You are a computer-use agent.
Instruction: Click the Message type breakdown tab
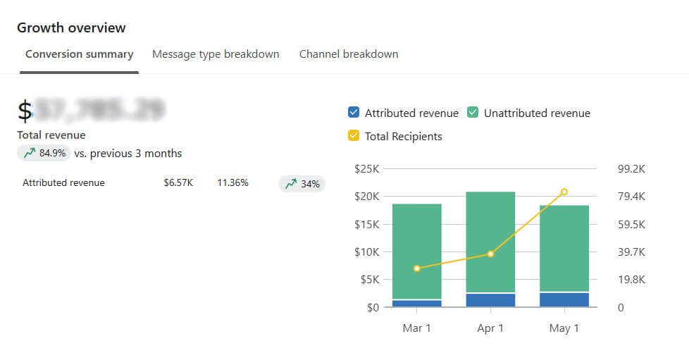pyautogui.click(x=216, y=54)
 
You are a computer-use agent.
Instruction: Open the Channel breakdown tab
pyautogui.click(x=349, y=54)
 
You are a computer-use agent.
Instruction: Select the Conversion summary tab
pyautogui.click(x=79, y=54)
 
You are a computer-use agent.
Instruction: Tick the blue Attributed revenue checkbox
pyautogui.click(x=354, y=113)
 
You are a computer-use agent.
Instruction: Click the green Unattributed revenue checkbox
pyautogui.click(x=473, y=113)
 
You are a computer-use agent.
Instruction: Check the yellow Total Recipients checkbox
pyautogui.click(x=354, y=136)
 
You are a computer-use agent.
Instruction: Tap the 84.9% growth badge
pyautogui.click(x=44, y=153)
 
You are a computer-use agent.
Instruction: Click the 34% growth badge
pyautogui.click(x=302, y=184)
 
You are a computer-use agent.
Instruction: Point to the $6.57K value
pyautogui.click(x=178, y=183)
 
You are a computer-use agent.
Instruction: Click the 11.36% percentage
pyautogui.click(x=232, y=183)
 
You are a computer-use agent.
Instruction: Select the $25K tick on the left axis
pyautogui.click(x=366, y=169)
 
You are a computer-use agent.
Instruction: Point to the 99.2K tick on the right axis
pyautogui.click(x=631, y=169)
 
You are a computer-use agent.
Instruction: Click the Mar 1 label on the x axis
pyautogui.click(x=416, y=328)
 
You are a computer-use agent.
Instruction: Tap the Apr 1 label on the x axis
pyautogui.click(x=490, y=328)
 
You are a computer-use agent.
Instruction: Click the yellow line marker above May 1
pyautogui.click(x=564, y=192)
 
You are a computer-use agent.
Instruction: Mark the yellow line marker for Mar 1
pyautogui.click(x=417, y=268)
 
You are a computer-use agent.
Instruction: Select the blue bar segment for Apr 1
pyautogui.click(x=490, y=300)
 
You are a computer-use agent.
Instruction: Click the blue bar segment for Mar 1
pyautogui.click(x=416, y=304)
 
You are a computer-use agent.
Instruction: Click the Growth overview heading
pyautogui.click(x=71, y=28)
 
